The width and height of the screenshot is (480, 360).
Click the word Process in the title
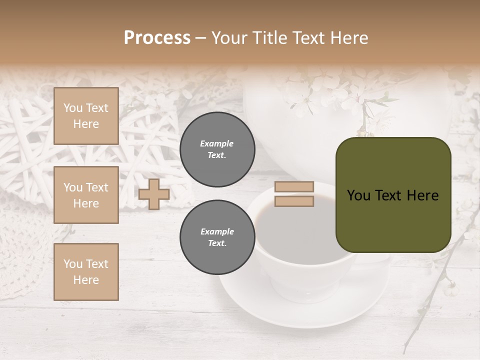point(157,38)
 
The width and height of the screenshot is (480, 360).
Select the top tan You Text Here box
point(86,116)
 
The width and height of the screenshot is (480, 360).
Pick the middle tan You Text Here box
point(86,195)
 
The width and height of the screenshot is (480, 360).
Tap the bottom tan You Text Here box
point(86,272)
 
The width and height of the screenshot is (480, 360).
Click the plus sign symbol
point(154,194)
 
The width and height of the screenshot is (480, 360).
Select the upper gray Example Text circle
point(217,149)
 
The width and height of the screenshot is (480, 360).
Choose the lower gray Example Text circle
point(217,237)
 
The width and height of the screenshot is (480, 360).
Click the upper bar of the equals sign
point(294,187)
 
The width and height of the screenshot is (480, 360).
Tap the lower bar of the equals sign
point(294,201)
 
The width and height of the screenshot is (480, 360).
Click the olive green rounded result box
point(393,220)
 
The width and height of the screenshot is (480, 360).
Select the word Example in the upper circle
point(217,143)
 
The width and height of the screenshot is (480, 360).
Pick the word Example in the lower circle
point(217,231)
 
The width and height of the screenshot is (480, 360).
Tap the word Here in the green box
point(423,195)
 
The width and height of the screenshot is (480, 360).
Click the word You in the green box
point(358,195)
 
